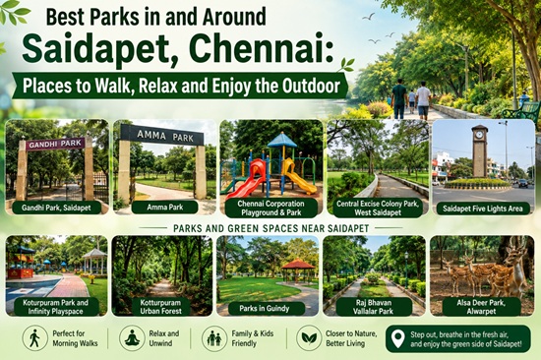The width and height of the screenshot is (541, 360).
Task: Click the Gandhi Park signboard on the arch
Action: pos(55,144)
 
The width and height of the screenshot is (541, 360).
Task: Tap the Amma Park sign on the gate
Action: pos(161,135)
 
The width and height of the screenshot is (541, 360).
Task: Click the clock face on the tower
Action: pos(479,135)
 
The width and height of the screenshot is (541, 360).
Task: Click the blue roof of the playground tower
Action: pos(282,140)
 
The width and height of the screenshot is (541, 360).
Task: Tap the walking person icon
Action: pos(34,338)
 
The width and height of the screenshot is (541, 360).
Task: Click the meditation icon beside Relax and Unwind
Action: pos(132,338)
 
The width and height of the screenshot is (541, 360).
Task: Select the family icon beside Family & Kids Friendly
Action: pos(214,338)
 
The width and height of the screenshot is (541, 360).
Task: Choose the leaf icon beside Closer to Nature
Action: pos(309,338)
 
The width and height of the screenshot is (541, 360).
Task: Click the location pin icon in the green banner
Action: pos(397,339)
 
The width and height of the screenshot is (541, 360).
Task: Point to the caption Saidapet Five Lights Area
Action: pos(482,209)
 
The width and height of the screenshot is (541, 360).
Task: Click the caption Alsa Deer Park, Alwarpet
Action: pos(481,307)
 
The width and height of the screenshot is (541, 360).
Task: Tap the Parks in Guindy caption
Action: pos(265,308)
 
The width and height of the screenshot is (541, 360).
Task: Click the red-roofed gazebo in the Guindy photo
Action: pos(298,270)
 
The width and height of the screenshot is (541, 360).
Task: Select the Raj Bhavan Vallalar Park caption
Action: pos(374,307)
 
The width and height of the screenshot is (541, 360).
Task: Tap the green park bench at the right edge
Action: pos(521,111)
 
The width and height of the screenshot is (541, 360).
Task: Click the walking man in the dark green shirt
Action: pos(399,98)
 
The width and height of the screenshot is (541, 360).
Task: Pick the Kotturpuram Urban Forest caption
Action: pos(160,307)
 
